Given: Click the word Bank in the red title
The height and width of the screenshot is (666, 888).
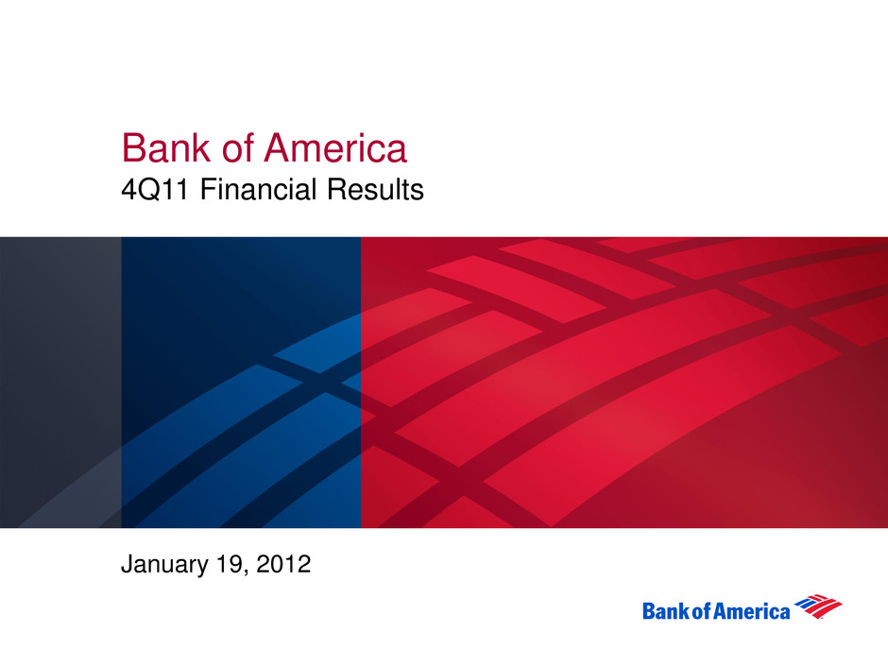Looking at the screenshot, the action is (166, 148).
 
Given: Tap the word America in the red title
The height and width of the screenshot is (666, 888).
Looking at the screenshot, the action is (335, 148).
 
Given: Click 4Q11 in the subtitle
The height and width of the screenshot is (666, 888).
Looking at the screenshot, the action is (155, 190).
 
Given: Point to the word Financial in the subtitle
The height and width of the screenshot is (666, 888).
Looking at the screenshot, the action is (258, 189).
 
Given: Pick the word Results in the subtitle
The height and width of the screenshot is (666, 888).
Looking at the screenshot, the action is (375, 189).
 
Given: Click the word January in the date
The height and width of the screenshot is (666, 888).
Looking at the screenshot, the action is (164, 565).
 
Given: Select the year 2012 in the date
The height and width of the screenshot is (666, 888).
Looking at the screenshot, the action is (283, 564).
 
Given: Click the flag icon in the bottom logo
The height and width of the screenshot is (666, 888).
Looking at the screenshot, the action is (818, 606).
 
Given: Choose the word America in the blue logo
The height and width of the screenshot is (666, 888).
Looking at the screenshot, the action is (752, 611).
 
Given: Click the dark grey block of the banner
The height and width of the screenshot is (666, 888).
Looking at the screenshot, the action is (60, 383).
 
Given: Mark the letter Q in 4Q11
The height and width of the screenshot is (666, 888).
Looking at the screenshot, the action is (148, 190).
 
